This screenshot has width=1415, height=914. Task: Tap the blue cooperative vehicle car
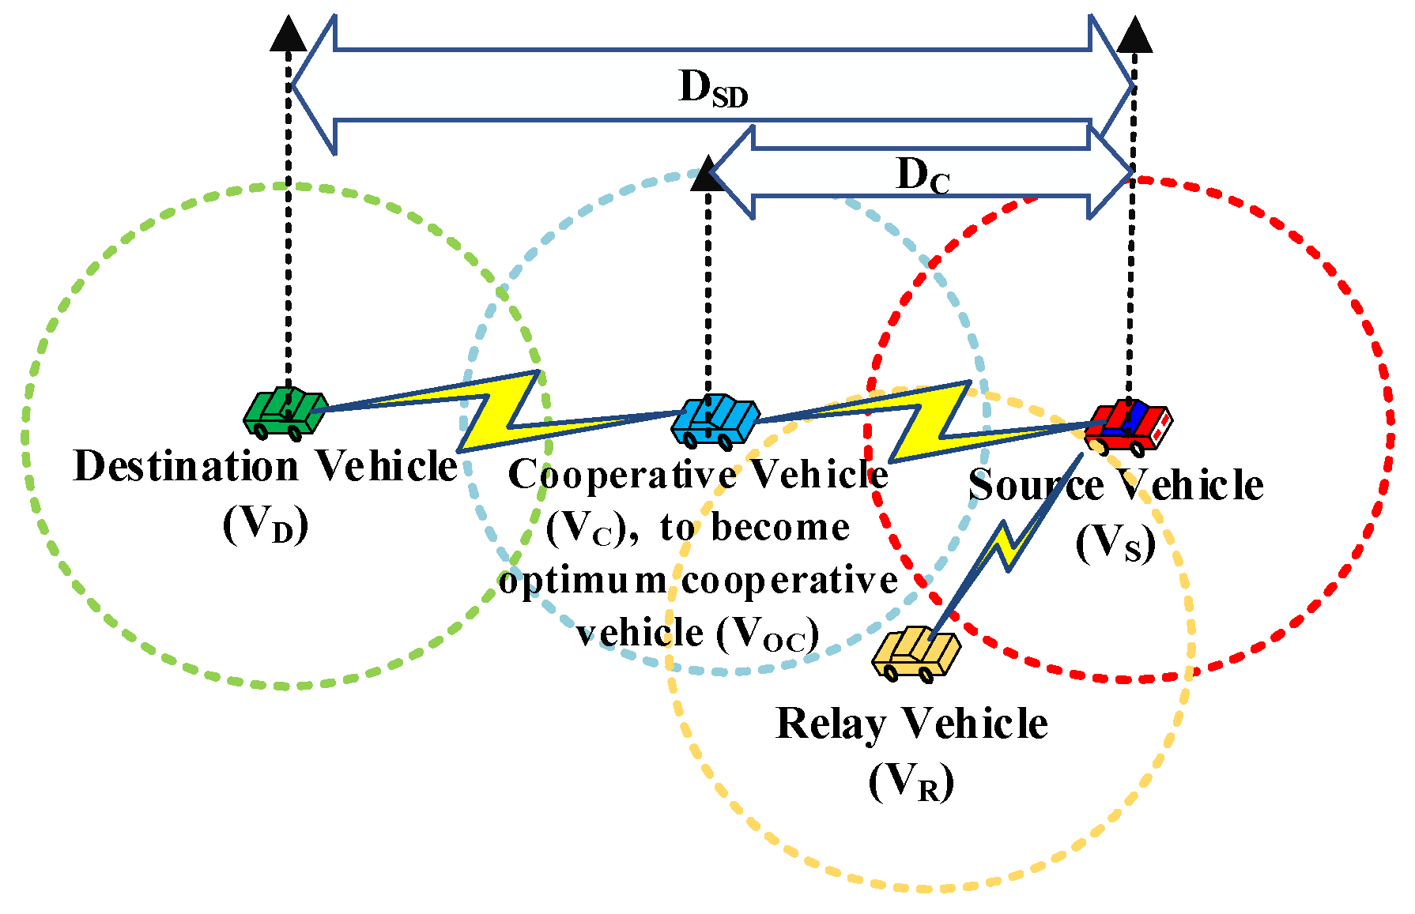coord(715,421)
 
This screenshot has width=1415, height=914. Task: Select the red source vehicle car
coord(1130,427)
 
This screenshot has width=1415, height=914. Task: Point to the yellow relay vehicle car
coord(916,654)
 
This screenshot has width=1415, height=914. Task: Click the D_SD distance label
coord(713,88)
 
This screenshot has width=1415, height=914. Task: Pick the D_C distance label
coord(923,175)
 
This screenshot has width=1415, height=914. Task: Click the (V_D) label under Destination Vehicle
coord(265,524)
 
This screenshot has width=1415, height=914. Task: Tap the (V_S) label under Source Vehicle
coord(1115,543)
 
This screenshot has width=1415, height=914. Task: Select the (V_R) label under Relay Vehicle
coord(911,781)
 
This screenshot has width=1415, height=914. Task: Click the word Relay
coord(832,724)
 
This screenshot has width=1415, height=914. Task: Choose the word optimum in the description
coord(583,581)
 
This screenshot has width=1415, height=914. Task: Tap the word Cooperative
coord(622,476)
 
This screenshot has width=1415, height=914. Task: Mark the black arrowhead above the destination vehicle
coord(289,33)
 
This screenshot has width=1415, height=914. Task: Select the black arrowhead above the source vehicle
coord(1135,34)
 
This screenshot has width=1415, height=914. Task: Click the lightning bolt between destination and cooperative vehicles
coord(498,411)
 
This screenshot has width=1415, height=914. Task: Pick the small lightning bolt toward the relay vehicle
coord(1006,545)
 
